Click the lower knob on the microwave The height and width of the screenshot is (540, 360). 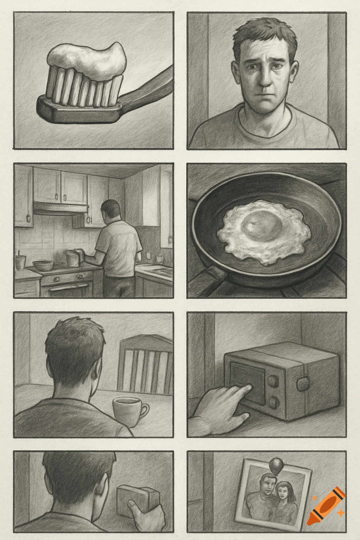(x=274, y=401)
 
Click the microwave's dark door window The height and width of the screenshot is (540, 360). (x=248, y=383)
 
